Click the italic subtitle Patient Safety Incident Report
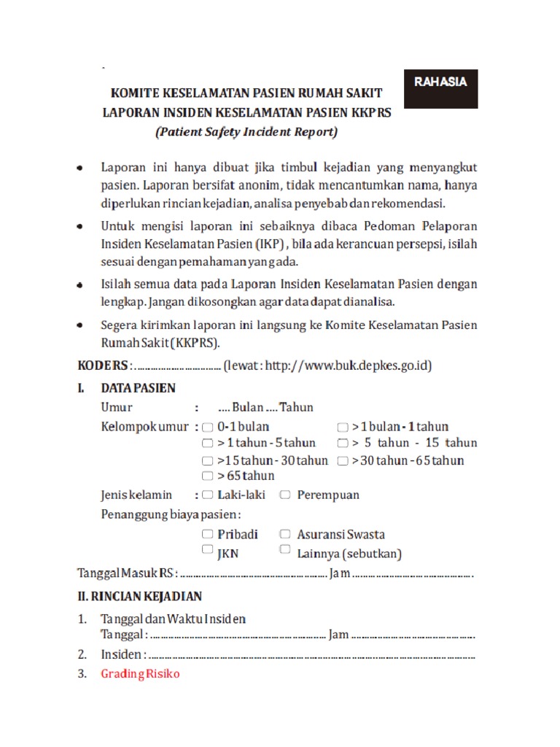pyautogui.click(x=246, y=132)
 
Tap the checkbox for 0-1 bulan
pyautogui.click(x=209, y=427)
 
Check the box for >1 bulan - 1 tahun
pyautogui.click(x=343, y=427)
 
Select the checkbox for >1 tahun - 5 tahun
pyautogui.click(x=209, y=443)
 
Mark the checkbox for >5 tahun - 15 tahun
pyautogui.click(x=343, y=443)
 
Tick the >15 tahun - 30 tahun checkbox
pyautogui.click(x=209, y=460)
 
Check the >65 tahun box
pyautogui.click(x=209, y=476)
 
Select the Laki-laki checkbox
pyautogui.click(x=209, y=495)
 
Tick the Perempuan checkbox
pyautogui.click(x=284, y=495)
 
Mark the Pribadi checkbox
pyautogui.click(x=209, y=534)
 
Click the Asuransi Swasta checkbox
pyautogui.click(x=284, y=534)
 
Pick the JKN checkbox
pyautogui.click(x=209, y=550)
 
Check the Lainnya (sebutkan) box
pyautogui.click(x=284, y=550)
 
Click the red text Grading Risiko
pyautogui.click(x=140, y=674)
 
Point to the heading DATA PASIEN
pyautogui.click(x=139, y=388)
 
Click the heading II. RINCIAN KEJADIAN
pyautogui.click(x=140, y=596)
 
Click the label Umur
pyautogui.click(x=117, y=407)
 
